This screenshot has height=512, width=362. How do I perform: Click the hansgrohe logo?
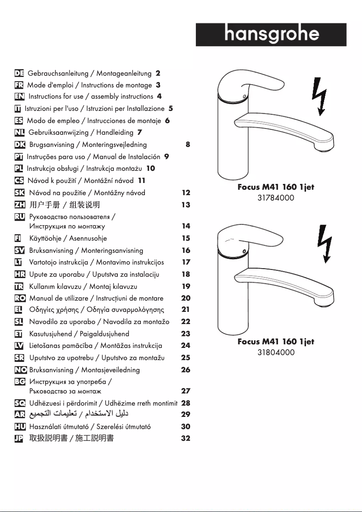[x=271, y=35]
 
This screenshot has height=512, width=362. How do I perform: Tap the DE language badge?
[x=19, y=73]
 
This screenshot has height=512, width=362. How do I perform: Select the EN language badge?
[x=20, y=96]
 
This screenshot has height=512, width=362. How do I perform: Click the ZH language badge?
[x=20, y=205]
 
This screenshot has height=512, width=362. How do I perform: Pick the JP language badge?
[x=20, y=438]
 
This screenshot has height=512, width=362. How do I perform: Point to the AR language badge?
[x=20, y=414]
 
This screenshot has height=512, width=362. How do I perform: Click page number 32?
[x=186, y=438]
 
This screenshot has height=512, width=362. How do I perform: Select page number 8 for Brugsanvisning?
[x=188, y=145]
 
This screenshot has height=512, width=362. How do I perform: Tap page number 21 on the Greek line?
[x=186, y=310]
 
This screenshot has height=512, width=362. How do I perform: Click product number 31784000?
[x=276, y=198]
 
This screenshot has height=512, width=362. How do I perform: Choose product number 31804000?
[x=276, y=352]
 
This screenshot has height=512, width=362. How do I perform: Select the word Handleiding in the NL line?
[x=115, y=133]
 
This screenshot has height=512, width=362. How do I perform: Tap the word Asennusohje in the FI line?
[x=88, y=238]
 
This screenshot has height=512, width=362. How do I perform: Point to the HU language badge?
[x=20, y=426]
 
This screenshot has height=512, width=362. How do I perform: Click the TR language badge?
[x=20, y=286]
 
